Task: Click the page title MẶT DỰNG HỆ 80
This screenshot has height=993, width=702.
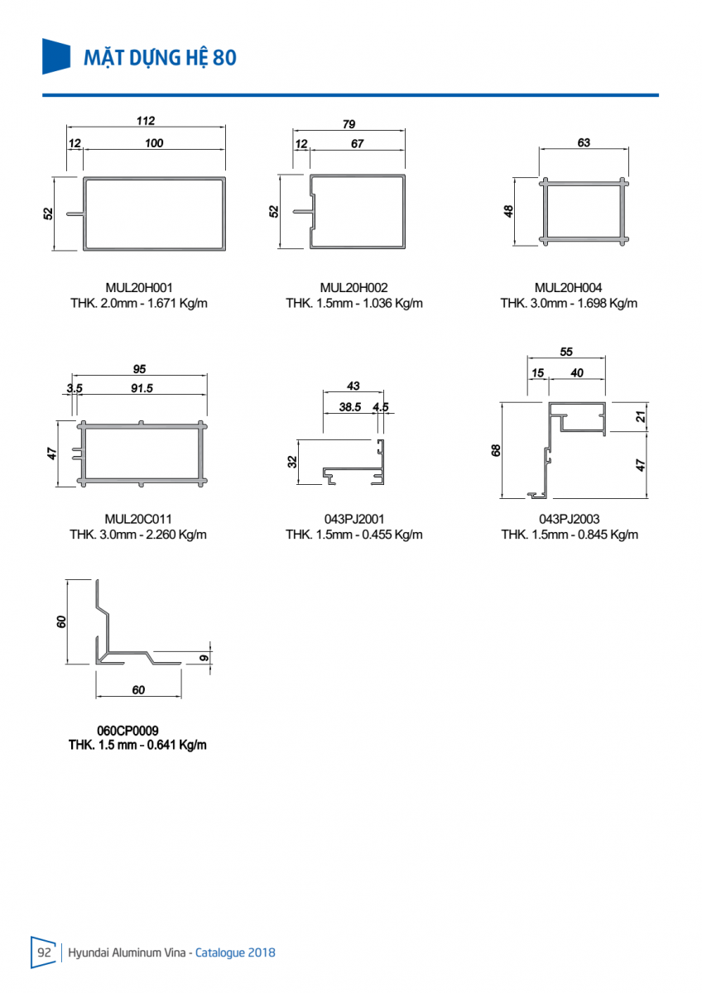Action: (x=161, y=57)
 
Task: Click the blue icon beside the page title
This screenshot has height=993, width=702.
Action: (x=56, y=55)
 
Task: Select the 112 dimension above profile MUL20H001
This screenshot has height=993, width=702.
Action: (x=146, y=121)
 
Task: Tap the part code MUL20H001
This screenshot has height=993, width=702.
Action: (x=138, y=288)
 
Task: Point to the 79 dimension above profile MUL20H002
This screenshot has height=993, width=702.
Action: (x=349, y=124)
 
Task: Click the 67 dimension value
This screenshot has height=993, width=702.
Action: (x=357, y=143)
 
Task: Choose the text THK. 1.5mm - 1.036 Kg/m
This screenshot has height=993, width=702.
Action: (x=354, y=303)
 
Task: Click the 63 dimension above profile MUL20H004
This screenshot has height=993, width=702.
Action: (x=584, y=142)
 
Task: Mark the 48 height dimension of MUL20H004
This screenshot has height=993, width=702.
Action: (x=509, y=211)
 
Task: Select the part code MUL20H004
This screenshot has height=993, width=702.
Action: (x=569, y=288)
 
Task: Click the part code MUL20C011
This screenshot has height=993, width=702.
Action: (x=138, y=519)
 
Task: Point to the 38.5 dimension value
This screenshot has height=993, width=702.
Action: (x=350, y=406)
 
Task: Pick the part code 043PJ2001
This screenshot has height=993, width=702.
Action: (x=354, y=519)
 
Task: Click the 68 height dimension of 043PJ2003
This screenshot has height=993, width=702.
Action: (x=496, y=450)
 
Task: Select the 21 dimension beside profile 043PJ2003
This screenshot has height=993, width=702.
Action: (x=641, y=417)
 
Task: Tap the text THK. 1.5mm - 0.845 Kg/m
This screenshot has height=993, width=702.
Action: (x=570, y=534)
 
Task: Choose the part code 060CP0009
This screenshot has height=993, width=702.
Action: (x=127, y=731)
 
